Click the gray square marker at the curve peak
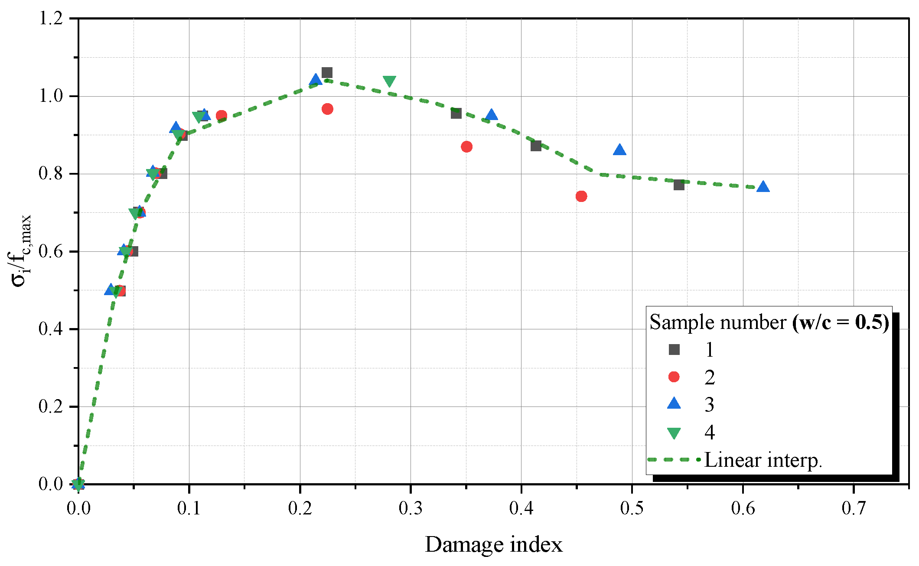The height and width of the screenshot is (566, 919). point(327,72)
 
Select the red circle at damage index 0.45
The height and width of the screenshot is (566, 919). point(581,196)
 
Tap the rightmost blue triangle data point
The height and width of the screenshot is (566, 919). point(763,187)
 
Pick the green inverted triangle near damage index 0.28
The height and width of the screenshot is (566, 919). point(389,81)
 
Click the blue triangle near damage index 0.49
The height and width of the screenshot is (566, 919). point(619,150)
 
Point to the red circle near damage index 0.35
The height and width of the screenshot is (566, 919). point(466,146)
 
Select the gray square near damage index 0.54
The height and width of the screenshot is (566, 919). point(679,185)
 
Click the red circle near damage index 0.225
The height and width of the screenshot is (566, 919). point(327,109)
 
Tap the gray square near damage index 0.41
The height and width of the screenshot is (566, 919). point(536,146)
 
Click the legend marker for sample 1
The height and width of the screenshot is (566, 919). point(674,349)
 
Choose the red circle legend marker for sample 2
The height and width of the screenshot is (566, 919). point(674,377)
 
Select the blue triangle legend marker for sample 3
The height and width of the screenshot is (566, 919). point(674,404)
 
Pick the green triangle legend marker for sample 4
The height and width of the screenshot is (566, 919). point(674,433)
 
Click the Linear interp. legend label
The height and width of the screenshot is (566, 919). point(763,460)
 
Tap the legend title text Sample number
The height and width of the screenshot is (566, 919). point(717,322)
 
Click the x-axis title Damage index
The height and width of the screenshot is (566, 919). point(493,544)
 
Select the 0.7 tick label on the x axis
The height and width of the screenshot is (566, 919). point(854,508)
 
